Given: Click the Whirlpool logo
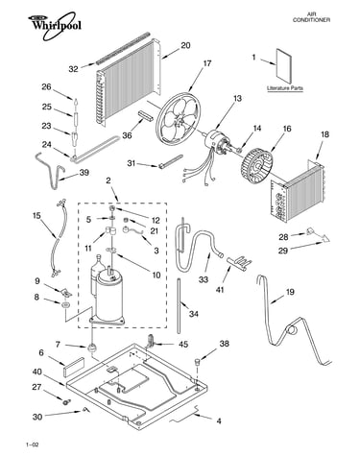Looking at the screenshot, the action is click(x=55, y=25).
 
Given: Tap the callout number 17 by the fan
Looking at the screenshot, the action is click(x=207, y=63).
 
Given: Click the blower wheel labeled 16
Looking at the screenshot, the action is click(x=256, y=165).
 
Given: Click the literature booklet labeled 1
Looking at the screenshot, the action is click(x=284, y=66).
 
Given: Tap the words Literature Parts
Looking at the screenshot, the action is click(x=285, y=88).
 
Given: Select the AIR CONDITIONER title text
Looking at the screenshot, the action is click(x=311, y=17).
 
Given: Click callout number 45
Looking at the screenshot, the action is click(x=183, y=345).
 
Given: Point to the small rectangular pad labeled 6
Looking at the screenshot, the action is click(x=74, y=367).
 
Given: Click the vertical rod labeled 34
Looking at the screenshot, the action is click(x=180, y=306).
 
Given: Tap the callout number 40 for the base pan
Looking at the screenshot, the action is click(x=37, y=372).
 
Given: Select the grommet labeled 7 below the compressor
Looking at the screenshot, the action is click(x=92, y=348).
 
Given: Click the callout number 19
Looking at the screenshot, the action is click(x=290, y=292).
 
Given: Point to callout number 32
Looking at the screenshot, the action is click(x=73, y=69).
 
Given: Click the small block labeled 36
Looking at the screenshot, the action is click(x=144, y=115).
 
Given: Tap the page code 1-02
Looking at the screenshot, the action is click(x=33, y=444).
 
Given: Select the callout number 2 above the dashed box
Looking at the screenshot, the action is click(x=108, y=180).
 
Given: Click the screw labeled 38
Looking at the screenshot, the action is click(x=197, y=362).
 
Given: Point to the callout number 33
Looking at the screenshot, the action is click(x=204, y=279).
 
